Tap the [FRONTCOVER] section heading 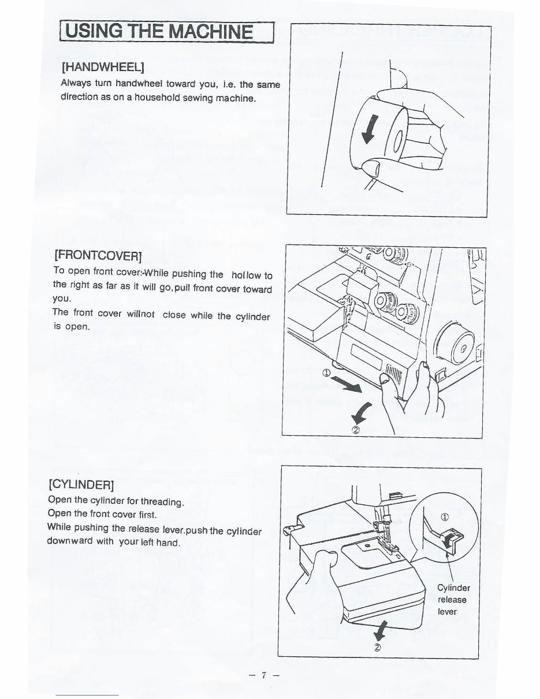coord(98,255)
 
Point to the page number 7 coord(262,676)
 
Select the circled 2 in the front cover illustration coord(356,429)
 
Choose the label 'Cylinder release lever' coord(453,600)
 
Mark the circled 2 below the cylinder coord(377,647)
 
